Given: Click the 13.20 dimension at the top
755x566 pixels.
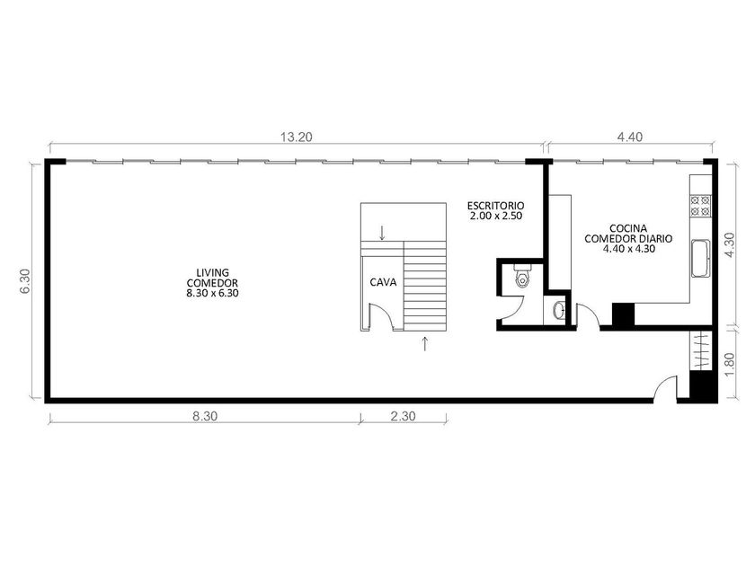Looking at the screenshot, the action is pos(296,137).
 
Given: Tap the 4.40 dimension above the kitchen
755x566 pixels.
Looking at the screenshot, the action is pos(630,137).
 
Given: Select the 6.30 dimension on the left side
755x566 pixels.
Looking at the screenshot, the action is pos(25,281).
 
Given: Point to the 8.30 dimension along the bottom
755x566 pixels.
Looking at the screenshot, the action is pos(205,416).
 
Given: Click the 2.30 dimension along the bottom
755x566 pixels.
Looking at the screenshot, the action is pos(403,416).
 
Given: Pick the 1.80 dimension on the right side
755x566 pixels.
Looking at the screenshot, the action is pos(730,365).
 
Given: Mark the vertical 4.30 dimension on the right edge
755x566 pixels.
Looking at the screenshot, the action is pos(730,245).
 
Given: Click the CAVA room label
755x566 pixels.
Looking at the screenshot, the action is pos(383,282).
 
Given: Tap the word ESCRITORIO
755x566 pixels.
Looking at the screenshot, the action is pos(496,206).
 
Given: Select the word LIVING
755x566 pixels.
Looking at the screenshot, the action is pos(213,273).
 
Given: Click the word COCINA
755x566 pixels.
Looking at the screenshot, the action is pos(628,228).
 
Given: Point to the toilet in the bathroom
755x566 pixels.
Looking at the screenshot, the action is pos(521,275).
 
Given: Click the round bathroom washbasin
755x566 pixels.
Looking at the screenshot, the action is pos(558,310).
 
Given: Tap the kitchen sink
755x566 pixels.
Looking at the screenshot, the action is pos(701,259).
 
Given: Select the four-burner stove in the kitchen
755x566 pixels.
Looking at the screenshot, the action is pos(700,206).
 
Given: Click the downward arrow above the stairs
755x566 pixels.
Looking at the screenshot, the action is pos(382,233).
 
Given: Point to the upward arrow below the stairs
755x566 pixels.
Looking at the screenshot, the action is pos(424,343).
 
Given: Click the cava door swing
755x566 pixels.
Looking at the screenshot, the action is pos(381,316).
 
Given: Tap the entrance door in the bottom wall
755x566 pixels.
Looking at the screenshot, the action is pos(665,388).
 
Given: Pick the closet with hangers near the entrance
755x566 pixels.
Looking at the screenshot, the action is pos(701,350).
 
